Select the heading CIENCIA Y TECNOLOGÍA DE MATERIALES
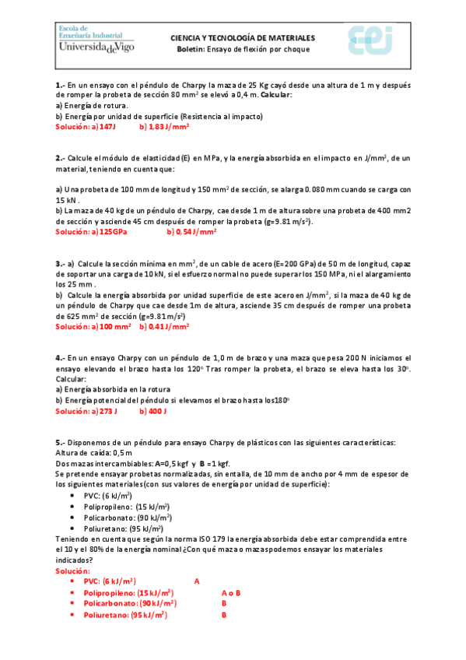click(x=243, y=37)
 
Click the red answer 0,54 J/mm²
click(x=195, y=231)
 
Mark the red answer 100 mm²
click(x=114, y=327)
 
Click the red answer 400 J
click(x=157, y=410)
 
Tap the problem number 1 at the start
click(x=60, y=85)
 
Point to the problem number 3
click(x=60, y=264)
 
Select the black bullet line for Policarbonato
click(x=128, y=517)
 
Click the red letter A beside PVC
click(x=197, y=581)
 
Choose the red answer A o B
click(x=231, y=592)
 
